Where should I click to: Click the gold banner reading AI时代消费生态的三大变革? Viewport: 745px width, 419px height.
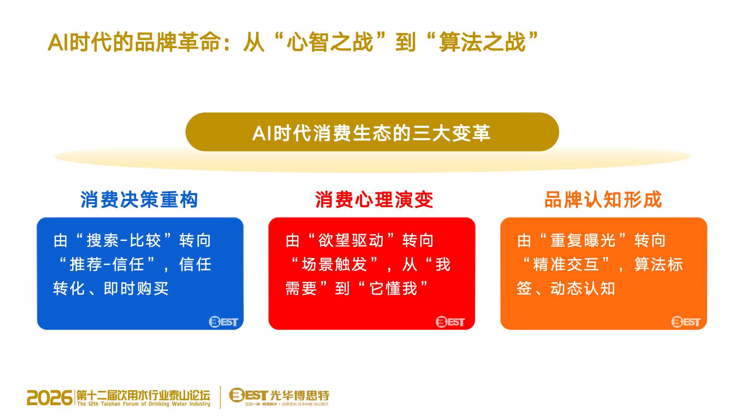372,132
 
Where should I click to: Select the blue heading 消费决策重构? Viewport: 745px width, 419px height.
139,200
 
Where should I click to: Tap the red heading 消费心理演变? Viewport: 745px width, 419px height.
374,200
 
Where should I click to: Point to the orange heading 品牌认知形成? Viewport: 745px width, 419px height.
603,200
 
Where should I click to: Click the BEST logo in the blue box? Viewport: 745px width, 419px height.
223,322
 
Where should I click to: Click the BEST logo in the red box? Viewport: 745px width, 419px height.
450,322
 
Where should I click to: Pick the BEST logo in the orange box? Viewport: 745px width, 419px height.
686,322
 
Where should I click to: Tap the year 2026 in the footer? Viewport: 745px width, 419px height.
50,398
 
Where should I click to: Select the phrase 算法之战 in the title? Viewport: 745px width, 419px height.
482,42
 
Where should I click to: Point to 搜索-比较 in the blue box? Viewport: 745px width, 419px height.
124,241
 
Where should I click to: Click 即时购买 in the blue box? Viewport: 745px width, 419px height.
136,289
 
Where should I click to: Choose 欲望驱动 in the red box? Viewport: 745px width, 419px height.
351,241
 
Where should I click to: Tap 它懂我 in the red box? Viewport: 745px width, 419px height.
393,289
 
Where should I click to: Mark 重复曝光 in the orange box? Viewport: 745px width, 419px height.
583,241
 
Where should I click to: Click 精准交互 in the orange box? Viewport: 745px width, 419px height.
566,265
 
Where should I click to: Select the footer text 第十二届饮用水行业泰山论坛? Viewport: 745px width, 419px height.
143,395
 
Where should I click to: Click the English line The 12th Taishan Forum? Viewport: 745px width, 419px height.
144,404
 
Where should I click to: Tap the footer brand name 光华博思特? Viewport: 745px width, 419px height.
300,395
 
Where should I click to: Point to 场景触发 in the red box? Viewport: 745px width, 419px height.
334,265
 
